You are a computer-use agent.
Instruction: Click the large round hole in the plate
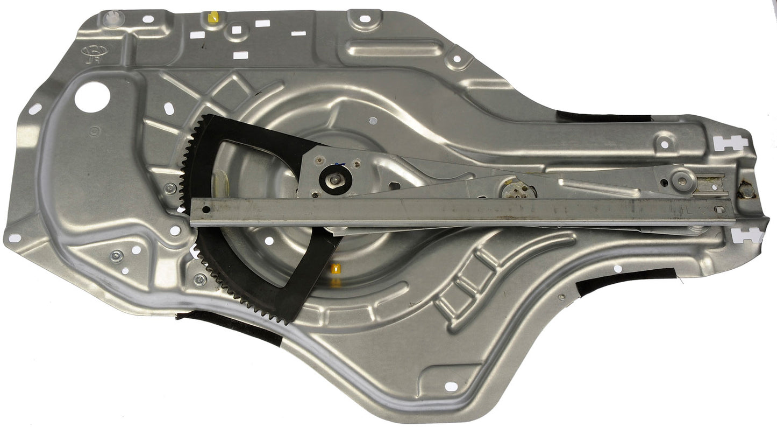(x=92, y=97)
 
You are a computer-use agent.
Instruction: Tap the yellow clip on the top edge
(x=212, y=18)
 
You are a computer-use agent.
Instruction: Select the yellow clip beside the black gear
(x=337, y=268)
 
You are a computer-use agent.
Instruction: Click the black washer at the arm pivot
(x=334, y=180)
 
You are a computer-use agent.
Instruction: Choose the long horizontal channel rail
(x=462, y=211)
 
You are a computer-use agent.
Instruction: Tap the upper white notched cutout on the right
(x=730, y=143)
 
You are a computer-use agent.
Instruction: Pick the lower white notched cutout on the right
(x=748, y=235)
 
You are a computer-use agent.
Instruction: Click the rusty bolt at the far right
(x=746, y=190)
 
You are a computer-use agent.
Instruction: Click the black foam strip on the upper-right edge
(x=602, y=116)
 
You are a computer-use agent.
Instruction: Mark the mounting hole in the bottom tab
(x=451, y=386)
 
